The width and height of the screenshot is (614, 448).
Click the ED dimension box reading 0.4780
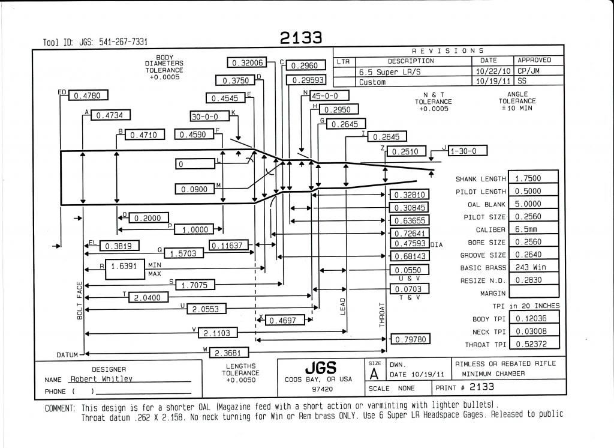(88, 95)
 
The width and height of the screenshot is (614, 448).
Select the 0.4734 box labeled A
(110, 115)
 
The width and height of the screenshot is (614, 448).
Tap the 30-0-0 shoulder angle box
(209, 117)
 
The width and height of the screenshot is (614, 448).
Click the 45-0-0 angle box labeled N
(329, 95)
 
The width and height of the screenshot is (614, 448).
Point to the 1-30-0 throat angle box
(468, 151)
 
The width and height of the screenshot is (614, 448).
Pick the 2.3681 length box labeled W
(228, 353)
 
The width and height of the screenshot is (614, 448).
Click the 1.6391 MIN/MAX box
(125, 269)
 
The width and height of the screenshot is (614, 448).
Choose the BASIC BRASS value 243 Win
(533, 267)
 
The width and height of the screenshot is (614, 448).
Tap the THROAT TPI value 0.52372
(533, 344)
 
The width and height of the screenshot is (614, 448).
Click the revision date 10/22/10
(492, 71)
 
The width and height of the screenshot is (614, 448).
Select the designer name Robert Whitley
(101, 379)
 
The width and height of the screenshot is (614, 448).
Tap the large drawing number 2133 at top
(301, 38)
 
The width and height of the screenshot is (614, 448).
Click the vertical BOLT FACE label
(80, 300)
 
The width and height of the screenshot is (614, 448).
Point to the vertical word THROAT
(382, 315)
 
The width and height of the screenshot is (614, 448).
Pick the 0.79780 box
(410, 339)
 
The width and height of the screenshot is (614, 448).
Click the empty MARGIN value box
(533, 292)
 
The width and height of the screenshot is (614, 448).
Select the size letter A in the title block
(374, 374)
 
